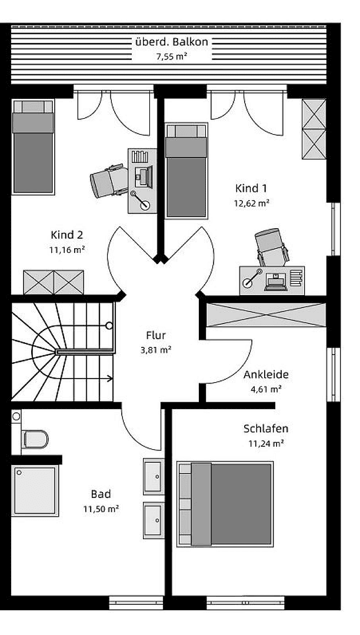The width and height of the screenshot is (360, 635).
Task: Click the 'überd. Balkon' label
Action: pos(171,42)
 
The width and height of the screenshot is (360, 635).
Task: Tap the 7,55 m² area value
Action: pos(171,57)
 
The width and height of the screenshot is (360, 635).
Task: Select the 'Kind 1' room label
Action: pos(251,188)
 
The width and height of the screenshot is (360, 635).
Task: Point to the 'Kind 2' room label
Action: pos(66,235)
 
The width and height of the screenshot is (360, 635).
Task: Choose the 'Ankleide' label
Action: pos(266,374)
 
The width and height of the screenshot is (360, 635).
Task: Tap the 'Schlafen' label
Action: pos(266,429)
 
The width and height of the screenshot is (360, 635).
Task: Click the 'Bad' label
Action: pos(101,494)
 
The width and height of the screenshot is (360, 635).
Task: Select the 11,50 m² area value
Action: pos(101,509)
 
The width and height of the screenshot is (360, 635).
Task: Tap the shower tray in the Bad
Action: pos(35,490)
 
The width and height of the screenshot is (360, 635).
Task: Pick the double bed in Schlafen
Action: pos(225,504)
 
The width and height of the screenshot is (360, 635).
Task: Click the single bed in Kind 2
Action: pos(33,146)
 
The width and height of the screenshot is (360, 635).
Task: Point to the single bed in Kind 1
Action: pos(186,171)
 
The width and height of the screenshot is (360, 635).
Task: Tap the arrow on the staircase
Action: pos(110,379)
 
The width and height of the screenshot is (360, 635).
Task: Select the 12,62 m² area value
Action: pos(251,203)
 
